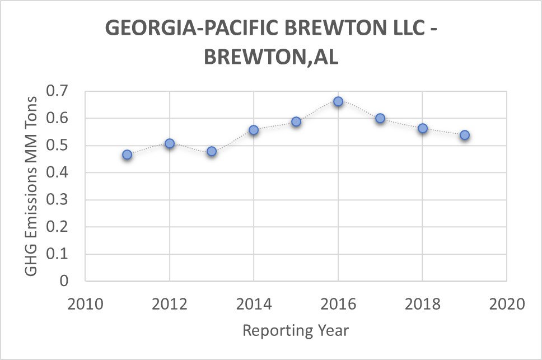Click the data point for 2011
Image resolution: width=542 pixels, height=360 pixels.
[127, 155]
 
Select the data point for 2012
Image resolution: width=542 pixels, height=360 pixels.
[170, 143]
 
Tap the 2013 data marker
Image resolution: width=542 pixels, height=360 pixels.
[212, 151]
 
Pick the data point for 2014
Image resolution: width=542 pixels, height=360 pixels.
[254, 130]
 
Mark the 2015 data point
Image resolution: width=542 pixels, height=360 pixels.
[296, 121]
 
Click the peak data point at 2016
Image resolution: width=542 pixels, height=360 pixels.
[338, 101]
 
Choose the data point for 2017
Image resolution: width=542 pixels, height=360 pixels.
[380, 118]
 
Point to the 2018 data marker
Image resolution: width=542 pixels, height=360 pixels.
[423, 128]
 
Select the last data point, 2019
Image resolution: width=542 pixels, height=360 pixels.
[465, 135]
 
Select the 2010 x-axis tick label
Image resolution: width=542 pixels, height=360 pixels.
[85, 304]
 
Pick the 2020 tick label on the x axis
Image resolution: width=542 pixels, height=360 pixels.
[507, 304]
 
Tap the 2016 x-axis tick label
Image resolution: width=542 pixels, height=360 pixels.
[338, 304]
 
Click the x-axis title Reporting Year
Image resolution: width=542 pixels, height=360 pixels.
[296, 330]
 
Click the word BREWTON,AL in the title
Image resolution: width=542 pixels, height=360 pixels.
[271, 57]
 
